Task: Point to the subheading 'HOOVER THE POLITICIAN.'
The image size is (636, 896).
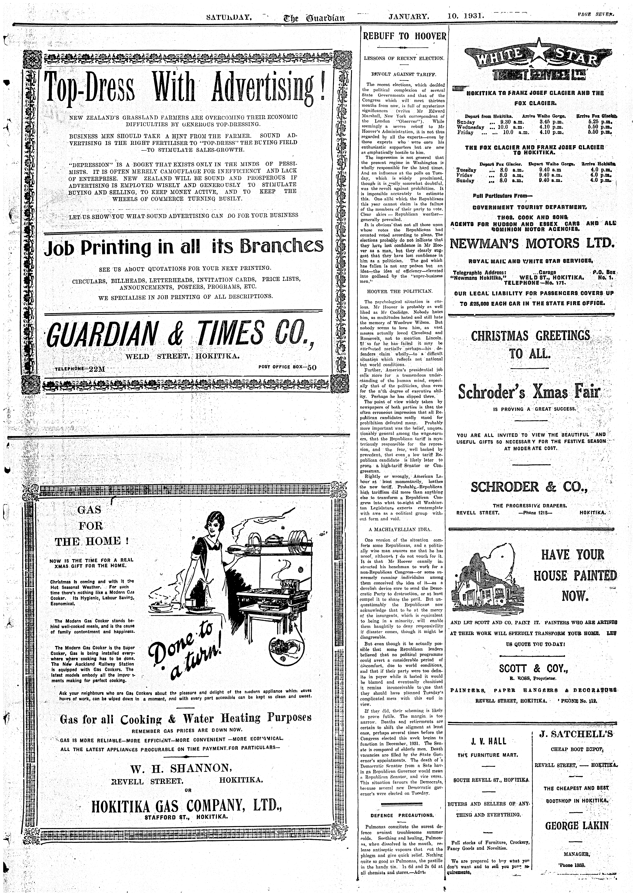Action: click(x=399, y=291)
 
